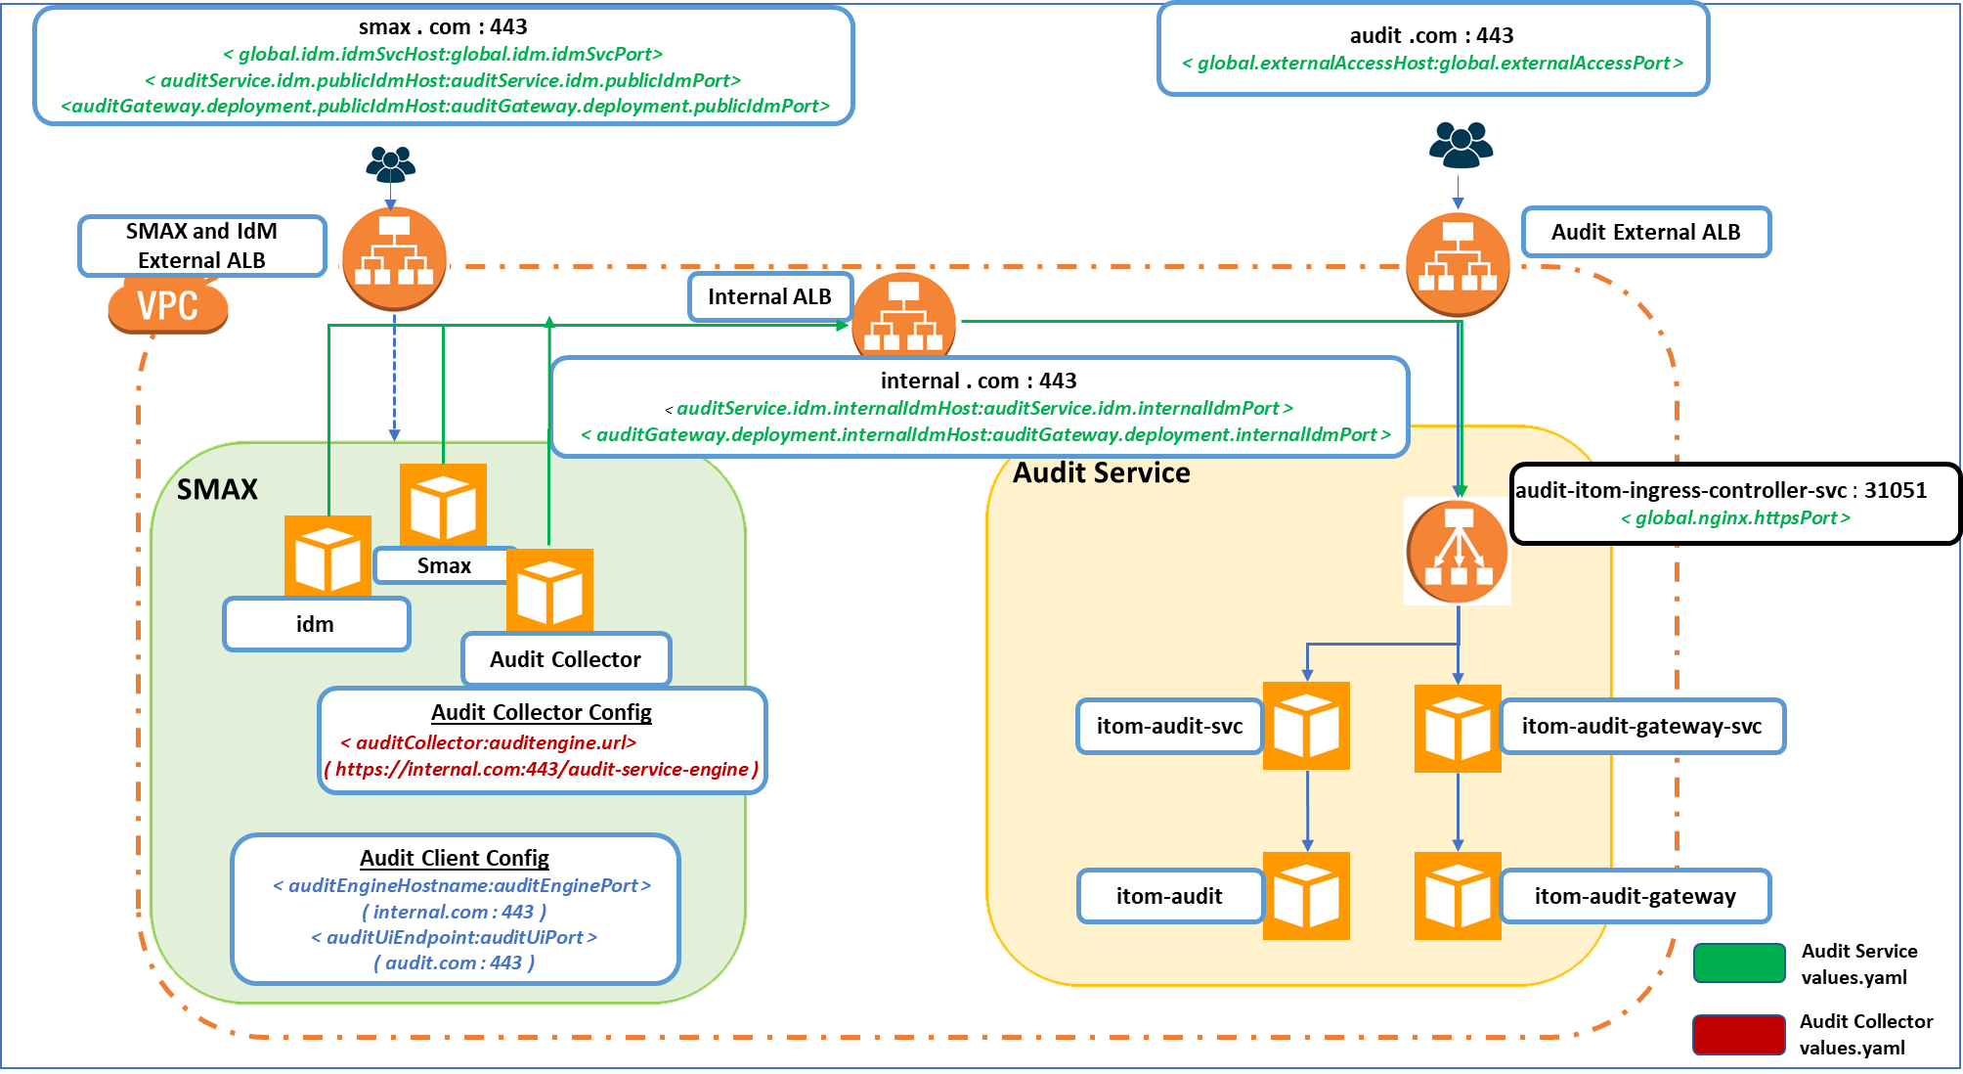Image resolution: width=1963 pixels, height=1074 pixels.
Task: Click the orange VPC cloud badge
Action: click(x=167, y=307)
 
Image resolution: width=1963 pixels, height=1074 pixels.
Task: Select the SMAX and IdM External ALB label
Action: click(x=201, y=246)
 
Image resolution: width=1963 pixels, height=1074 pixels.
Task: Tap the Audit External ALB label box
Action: click(x=1645, y=232)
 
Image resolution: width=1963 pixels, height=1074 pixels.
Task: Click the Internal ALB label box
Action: click(x=769, y=296)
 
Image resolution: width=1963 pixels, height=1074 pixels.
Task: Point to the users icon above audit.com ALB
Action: click(x=1460, y=145)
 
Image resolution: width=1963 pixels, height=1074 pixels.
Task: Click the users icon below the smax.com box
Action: click(x=391, y=164)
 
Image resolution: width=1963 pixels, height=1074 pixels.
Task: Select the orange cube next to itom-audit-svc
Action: click(x=1306, y=726)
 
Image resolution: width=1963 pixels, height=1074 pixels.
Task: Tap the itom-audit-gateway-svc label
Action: click(x=1641, y=726)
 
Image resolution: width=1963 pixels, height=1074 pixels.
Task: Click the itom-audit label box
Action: click(x=1169, y=896)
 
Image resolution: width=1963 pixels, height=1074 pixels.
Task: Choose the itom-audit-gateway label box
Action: click(x=1635, y=896)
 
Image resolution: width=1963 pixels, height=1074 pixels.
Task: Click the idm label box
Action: click(x=315, y=624)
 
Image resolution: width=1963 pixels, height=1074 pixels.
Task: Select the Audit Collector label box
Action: click(x=565, y=659)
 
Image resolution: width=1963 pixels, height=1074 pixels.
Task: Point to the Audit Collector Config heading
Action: click(x=542, y=712)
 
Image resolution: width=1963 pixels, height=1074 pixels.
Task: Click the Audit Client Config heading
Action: click(x=455, y=858)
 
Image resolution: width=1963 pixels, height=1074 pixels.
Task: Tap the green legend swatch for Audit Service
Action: click(x=1739, y=962)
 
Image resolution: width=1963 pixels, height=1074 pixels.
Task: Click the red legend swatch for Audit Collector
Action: click(x=1739, y=1034)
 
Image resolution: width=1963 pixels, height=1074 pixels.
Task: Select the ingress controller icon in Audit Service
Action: click(x=1458, y=552)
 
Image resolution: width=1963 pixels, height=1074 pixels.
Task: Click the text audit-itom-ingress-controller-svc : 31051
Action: click(x=1721, y=490)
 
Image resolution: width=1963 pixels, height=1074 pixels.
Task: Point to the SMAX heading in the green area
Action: click(x=217, y=489)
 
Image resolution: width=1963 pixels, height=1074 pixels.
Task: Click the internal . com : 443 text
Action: click(x=978, y=380)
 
